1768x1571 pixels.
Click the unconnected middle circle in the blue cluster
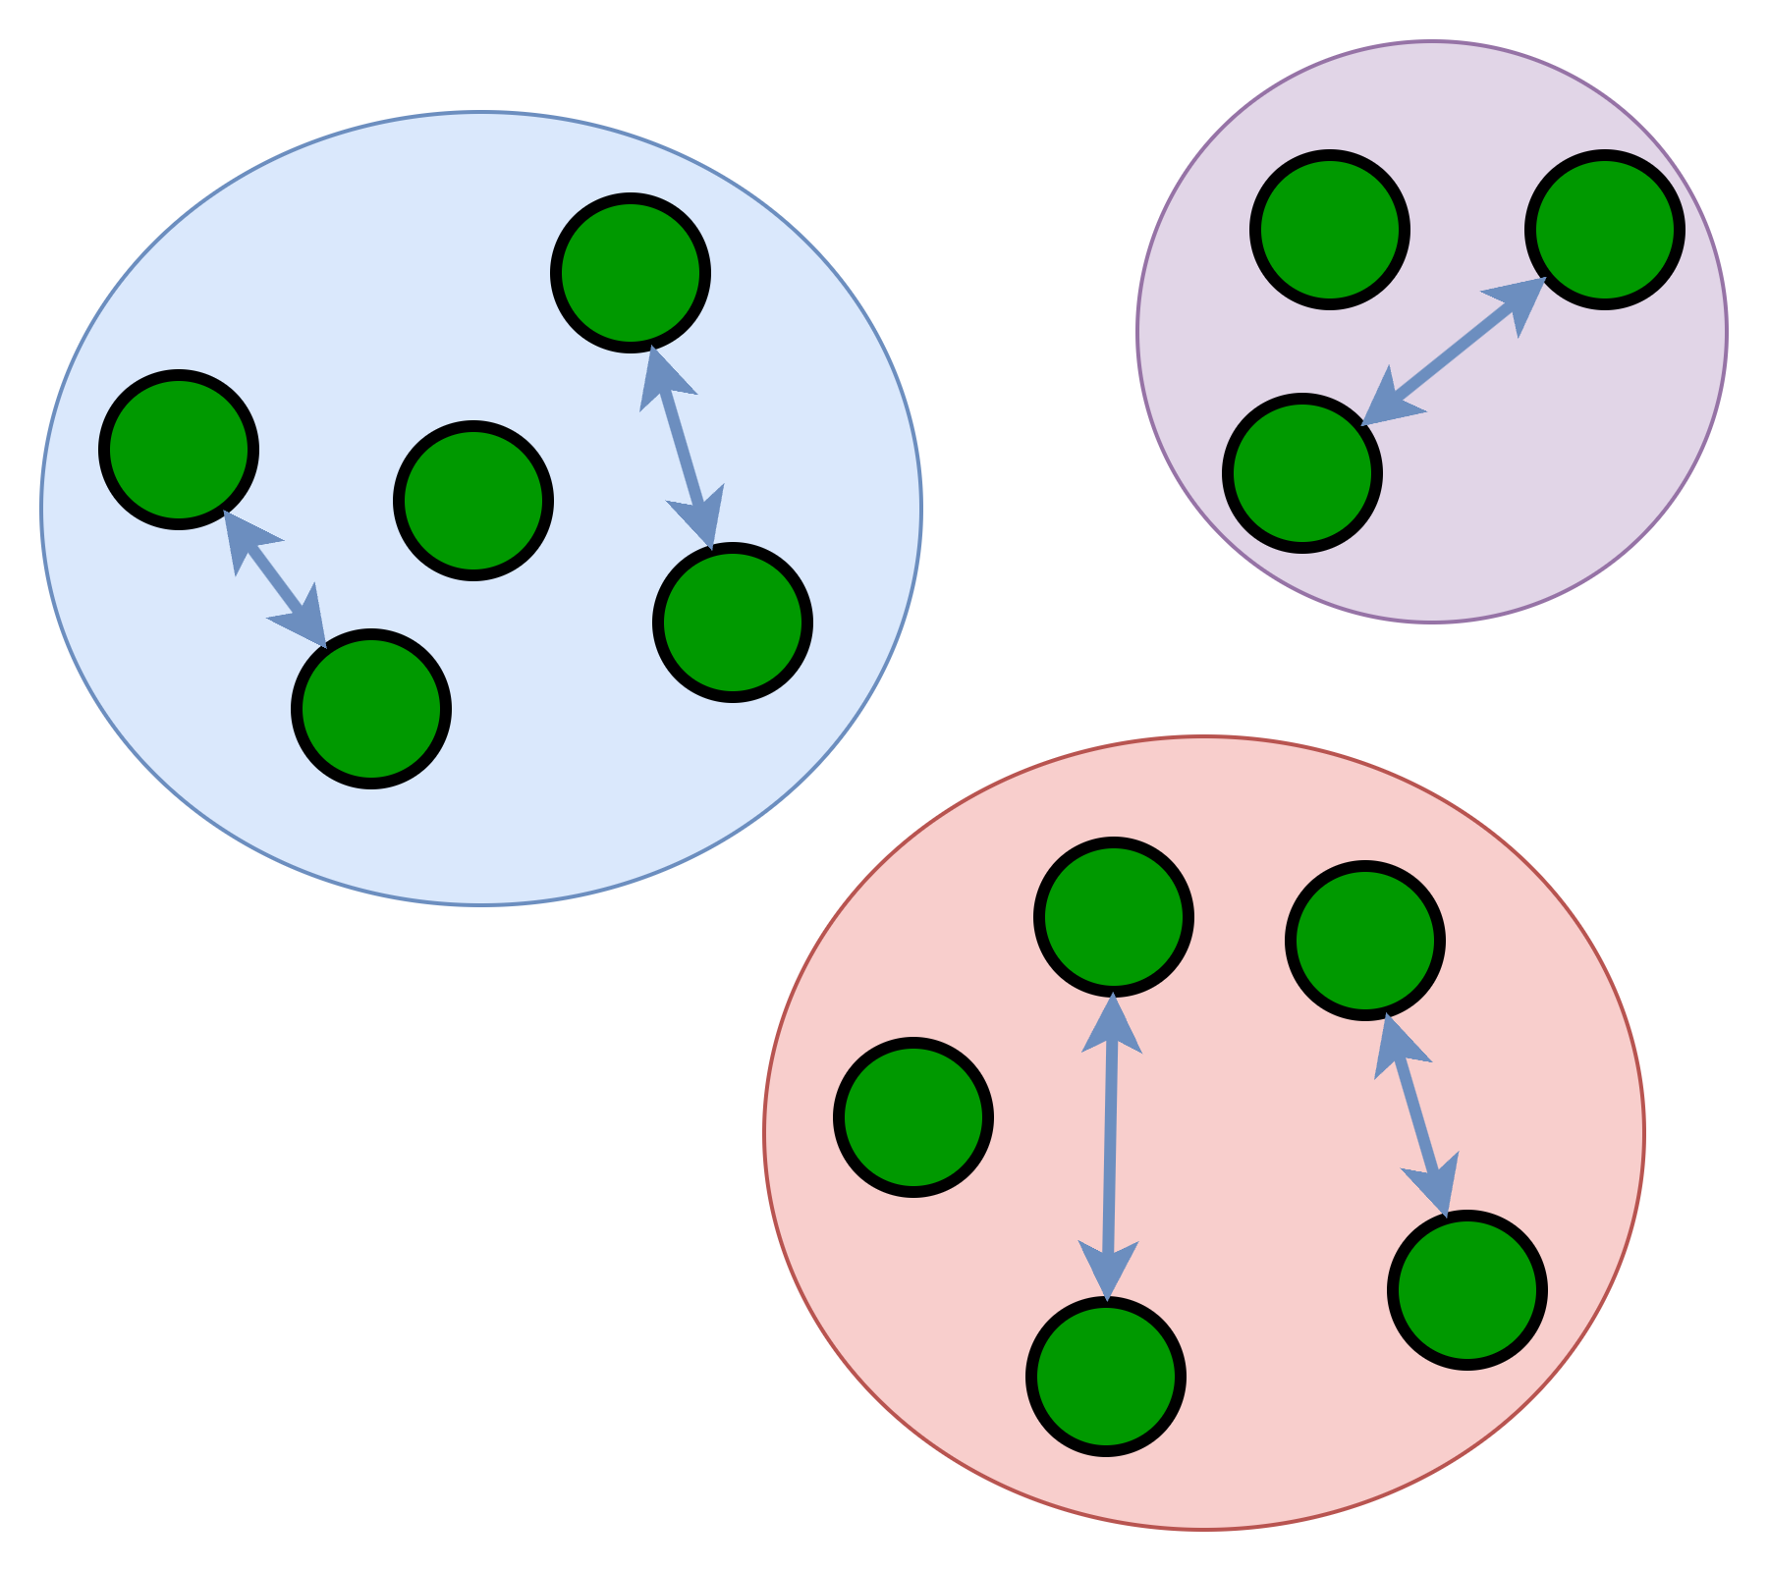tap(473, 501)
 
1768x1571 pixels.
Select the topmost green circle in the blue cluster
tap(631, 273)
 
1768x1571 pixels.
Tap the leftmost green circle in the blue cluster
tap(179, 450)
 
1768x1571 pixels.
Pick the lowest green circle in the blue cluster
tap(371, 709)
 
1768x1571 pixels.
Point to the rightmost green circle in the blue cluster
tap(733, 623)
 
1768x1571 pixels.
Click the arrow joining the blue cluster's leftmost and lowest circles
tap(275, 579)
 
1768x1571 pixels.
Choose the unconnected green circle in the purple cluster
tap(1330, 230)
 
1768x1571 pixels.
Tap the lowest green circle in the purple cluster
tap(1302, 473)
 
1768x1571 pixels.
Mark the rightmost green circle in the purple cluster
tap(1605, 230)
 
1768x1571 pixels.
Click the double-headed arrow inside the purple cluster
tap(1454, 352)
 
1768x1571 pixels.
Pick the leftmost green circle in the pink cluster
tap(913, 1117)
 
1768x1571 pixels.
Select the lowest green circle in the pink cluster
tap(1106, 1377)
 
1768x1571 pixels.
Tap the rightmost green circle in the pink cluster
tap(1467, 1290)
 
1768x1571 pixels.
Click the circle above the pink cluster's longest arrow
tap(1114, 917)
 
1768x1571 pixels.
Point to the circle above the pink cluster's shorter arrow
tap(1365, 941)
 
